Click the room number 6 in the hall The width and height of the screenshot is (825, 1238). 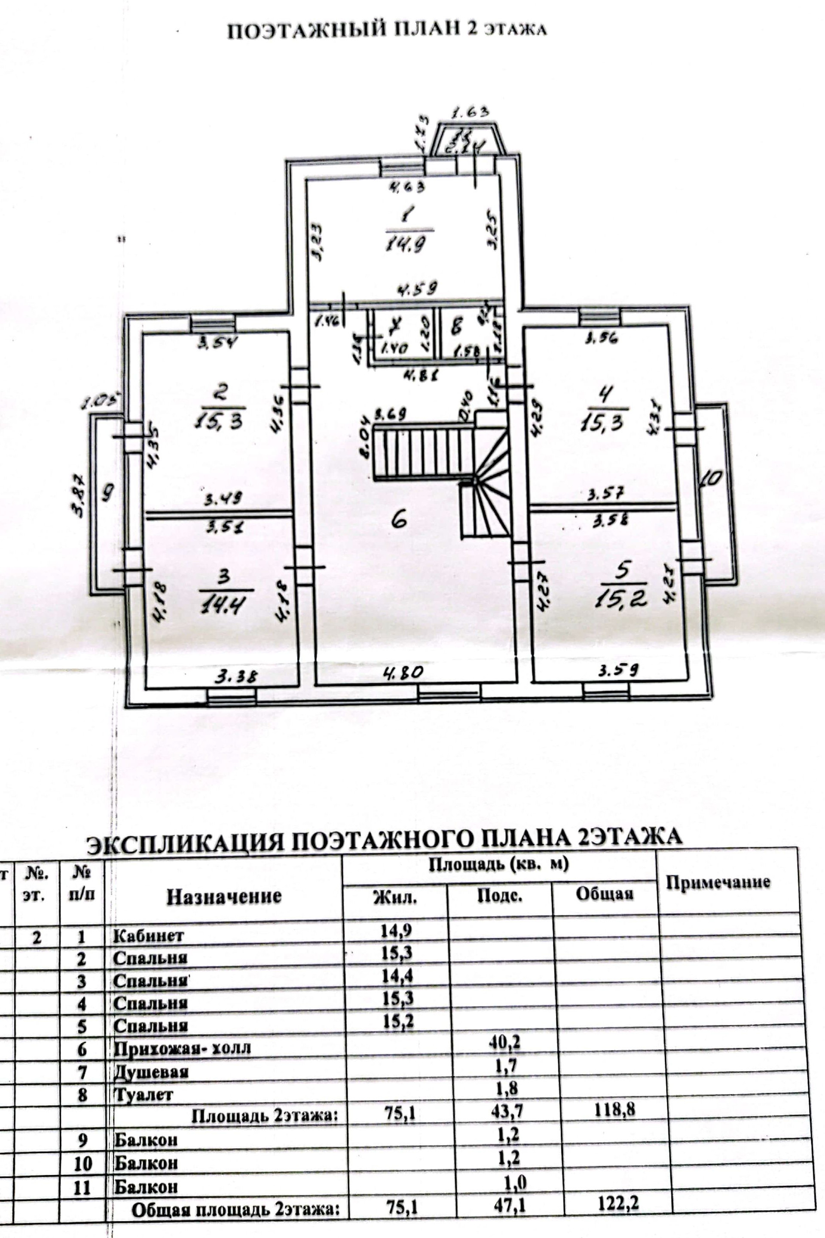(x=399, y=520)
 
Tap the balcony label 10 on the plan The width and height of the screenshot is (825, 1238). (x=711, y=478)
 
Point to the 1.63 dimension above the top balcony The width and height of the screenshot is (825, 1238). (x=471, y=112)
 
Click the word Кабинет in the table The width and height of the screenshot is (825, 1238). (x=148, y=935)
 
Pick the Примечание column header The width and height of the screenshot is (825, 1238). (x=718, y=882)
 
